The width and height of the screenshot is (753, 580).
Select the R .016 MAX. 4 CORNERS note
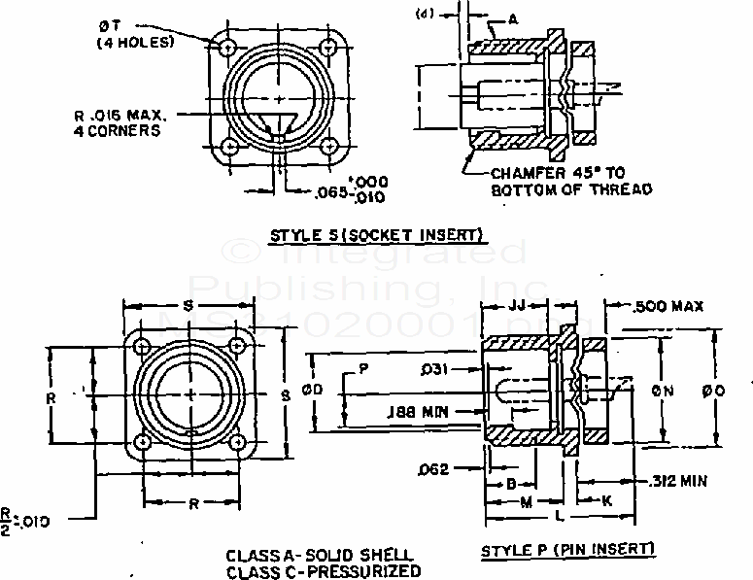(x=118, y=121)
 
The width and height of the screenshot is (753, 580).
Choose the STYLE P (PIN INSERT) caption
(x=568, y=550)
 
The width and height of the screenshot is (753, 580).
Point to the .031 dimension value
(x=434, y=369)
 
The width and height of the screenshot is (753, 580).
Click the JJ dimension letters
(x=517, y=305)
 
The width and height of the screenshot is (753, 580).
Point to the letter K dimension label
(x=605, y=501)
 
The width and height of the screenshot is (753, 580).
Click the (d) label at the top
(x=423, y=14)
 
